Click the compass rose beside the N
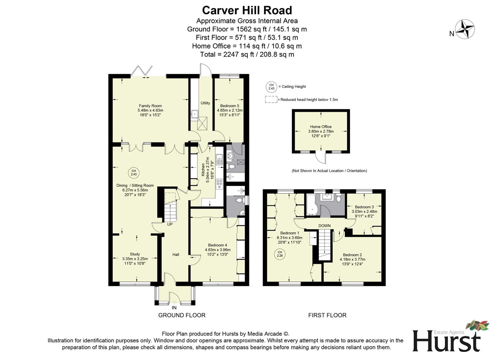pyautogui.click(x=465, y=29)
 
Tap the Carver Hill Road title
pyautogui.click(x=247, y=10)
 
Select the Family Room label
pyautogui.click(x=150, y=106)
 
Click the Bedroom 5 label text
pyautogui.click(x=230, y=106)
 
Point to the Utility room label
pyautogui.click(x=205, y=103)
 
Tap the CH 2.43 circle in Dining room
pyautogui.click(x=134, y=173)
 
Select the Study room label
pyautogui.click(x=135, y=254)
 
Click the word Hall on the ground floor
pyautogui.click(x=176, y=255)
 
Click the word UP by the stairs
pyautogui.click(x=170, y=224)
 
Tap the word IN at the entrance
pyautogui.click(x=174, y=308)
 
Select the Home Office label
pyautogui.click(x=321, y=127)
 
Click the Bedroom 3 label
pyautogui.click(x=364, y=207)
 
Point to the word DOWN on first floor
pyautogui.click(x=324, y=226)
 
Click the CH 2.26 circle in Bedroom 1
pyautogui.click(x=280, y=254)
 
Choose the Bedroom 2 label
pyautogui.click(x=352, y=255)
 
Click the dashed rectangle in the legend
pyautogui.click(x=271, y=99)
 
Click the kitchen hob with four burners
pyautogui.click(x=220, y=184)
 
